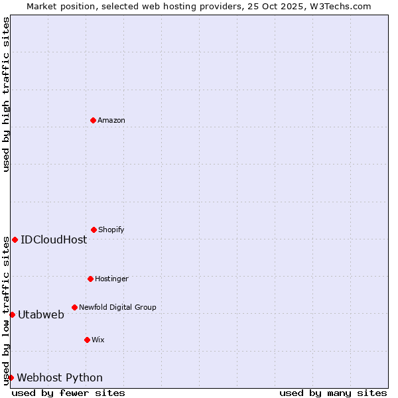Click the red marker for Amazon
pyautogui.click(x=93, y=120)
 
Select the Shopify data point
pyautogui.click(x=94, y=230)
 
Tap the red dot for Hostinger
pyautogui.click(x=90, y=279)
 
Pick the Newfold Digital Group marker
pyautogui.click(x=74, y=307)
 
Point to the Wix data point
pyautogui.click(x=87, y=340)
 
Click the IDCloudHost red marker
pyautogui.click(x=15, y=239)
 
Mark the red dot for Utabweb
pyautogui.click(x=12, y=314)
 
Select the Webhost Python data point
pyautogui.click(x=11, y=377)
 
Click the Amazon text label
pyautogui.click(x=111, y=120)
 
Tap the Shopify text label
pyautogui.click(x=111, y=230)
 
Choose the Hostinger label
pyautogui.click(x=111, y=279)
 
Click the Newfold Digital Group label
pyautogui.click(x=117, y=307)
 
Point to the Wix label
pyautogui.click(x=98, y=340)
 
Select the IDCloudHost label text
pyautogui.click(x=54, y=239)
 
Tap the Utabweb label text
pyautogui.click(x=41, y=314)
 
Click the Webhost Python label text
pyautogui.click(x=60, y=377)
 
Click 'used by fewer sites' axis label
pyautogui.click(x=68, y=393)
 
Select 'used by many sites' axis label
pyautogui.click(x=333, y=393)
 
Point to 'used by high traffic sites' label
pyautogui.click(x=6, y=94)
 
